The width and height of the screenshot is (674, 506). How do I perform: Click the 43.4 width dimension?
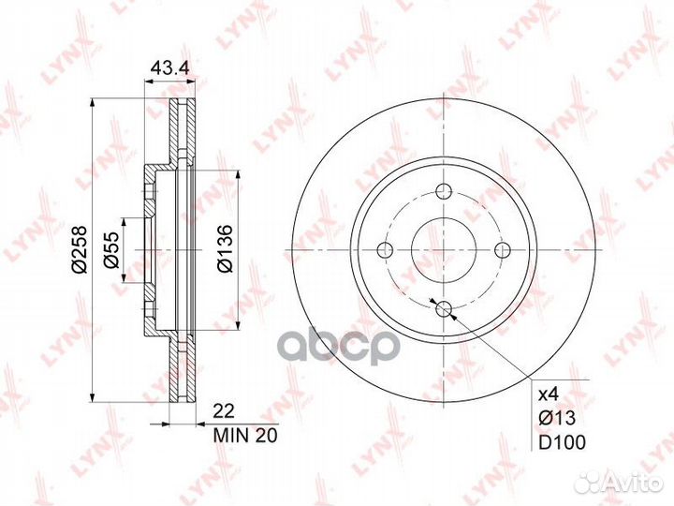169,67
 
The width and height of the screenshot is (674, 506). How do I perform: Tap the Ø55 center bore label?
110,250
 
